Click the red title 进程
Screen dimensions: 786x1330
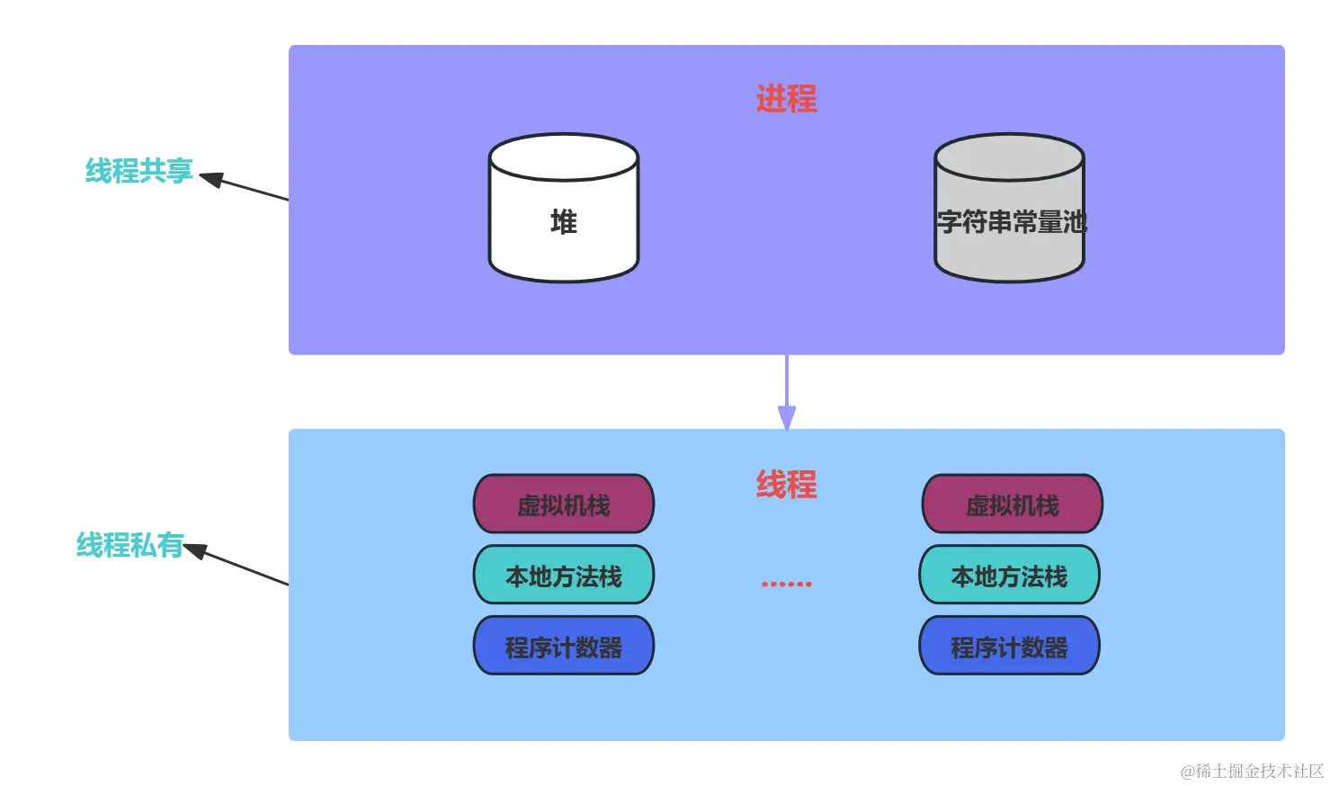[x=786, y=99]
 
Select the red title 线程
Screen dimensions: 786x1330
[x=786, y=485]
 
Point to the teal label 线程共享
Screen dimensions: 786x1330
[x=138, y=171]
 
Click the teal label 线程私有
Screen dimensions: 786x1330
[x=129, y=545]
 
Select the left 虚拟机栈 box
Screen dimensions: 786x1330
[x=564, y=505]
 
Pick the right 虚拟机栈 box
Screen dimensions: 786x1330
[x=1012, y=505]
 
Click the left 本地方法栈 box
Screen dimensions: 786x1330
[x=564, y=576]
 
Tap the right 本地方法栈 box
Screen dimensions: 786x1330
[x=1009, y=576]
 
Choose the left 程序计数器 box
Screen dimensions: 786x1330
[x=564, y=647]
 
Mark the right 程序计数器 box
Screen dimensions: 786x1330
[x=1009, y=647]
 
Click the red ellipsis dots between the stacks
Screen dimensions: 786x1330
[x=786, y=584]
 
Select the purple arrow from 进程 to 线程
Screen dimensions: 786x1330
[x=787, y=391]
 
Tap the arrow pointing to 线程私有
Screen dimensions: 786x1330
[x=238, y=565]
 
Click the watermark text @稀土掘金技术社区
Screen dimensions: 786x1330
[x=1252, y=771]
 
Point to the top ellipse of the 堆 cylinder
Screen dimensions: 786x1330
[x=564, y=157]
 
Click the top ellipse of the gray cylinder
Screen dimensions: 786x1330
[x=1009, y=157]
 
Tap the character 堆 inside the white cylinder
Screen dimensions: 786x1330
[x=564, y=221]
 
